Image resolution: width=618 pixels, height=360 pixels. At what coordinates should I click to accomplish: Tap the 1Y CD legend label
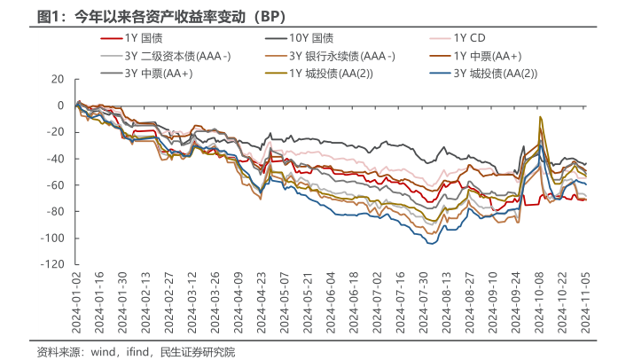(x=469, y=38)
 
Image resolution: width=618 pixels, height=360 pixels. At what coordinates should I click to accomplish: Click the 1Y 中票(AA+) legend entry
(x=487, y=56)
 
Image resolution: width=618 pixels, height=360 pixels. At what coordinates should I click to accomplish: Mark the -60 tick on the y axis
(x=56, y=185)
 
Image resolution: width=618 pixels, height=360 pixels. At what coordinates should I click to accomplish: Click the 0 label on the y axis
(x=61, y=106)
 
